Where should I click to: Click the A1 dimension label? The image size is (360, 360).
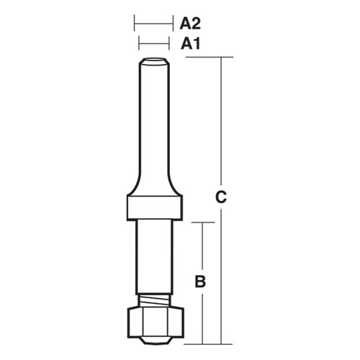189,44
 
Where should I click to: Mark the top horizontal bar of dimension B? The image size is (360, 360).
202,222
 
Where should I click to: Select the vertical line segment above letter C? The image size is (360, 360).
222,122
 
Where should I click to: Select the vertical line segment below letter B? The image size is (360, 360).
202,317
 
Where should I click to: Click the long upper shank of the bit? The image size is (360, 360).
153,122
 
